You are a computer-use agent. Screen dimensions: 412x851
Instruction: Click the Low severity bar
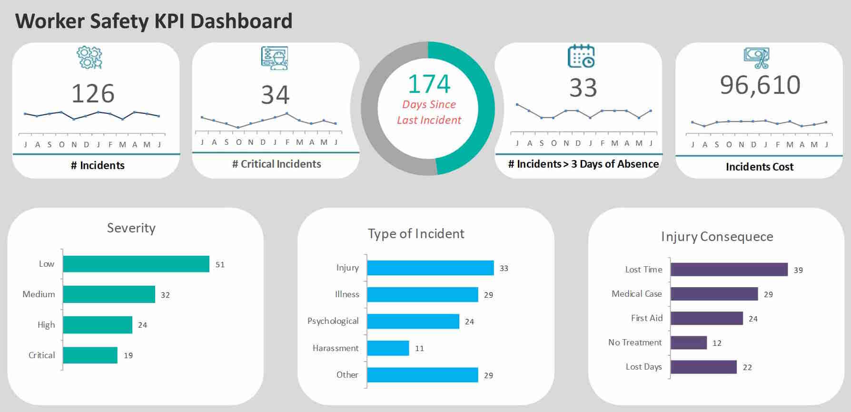[x=136, y=264]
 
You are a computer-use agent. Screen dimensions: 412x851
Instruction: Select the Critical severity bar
[x=90, y=355]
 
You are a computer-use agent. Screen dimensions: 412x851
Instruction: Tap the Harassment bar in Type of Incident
[x=388, y=348]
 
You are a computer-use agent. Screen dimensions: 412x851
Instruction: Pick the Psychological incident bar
[x=413, y=322]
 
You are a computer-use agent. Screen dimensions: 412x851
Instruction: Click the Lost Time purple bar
[x=729, y=270]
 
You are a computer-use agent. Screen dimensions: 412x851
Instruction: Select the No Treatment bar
[x=688, y=342]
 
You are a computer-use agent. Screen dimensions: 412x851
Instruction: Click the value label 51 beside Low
[x=220, y=264]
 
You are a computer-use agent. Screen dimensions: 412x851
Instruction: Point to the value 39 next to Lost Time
[x=798, y=270]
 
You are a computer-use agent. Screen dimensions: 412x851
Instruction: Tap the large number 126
[x=93, y=93]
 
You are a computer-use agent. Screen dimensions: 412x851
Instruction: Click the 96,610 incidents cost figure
[x=760, y=85]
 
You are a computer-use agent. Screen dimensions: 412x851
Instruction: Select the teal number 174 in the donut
[x=429, y=84]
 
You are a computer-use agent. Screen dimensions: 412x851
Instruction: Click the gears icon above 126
[x=89, y=58]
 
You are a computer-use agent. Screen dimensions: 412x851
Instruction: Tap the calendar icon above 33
[x=581, y=56]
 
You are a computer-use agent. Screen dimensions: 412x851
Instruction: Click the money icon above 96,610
[x=757, y=58]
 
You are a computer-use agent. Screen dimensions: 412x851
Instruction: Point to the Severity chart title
[x=131, y=228]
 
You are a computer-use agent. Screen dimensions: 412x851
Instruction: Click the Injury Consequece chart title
[x=717, y=237]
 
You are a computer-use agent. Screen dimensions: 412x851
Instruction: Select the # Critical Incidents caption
[x=277, y=164]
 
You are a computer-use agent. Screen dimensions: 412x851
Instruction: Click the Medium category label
[x=39, y=294]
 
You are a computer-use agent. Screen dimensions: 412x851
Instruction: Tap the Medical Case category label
[x=636, y=294]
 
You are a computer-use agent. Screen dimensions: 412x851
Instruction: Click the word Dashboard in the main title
[x=241, y=21]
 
